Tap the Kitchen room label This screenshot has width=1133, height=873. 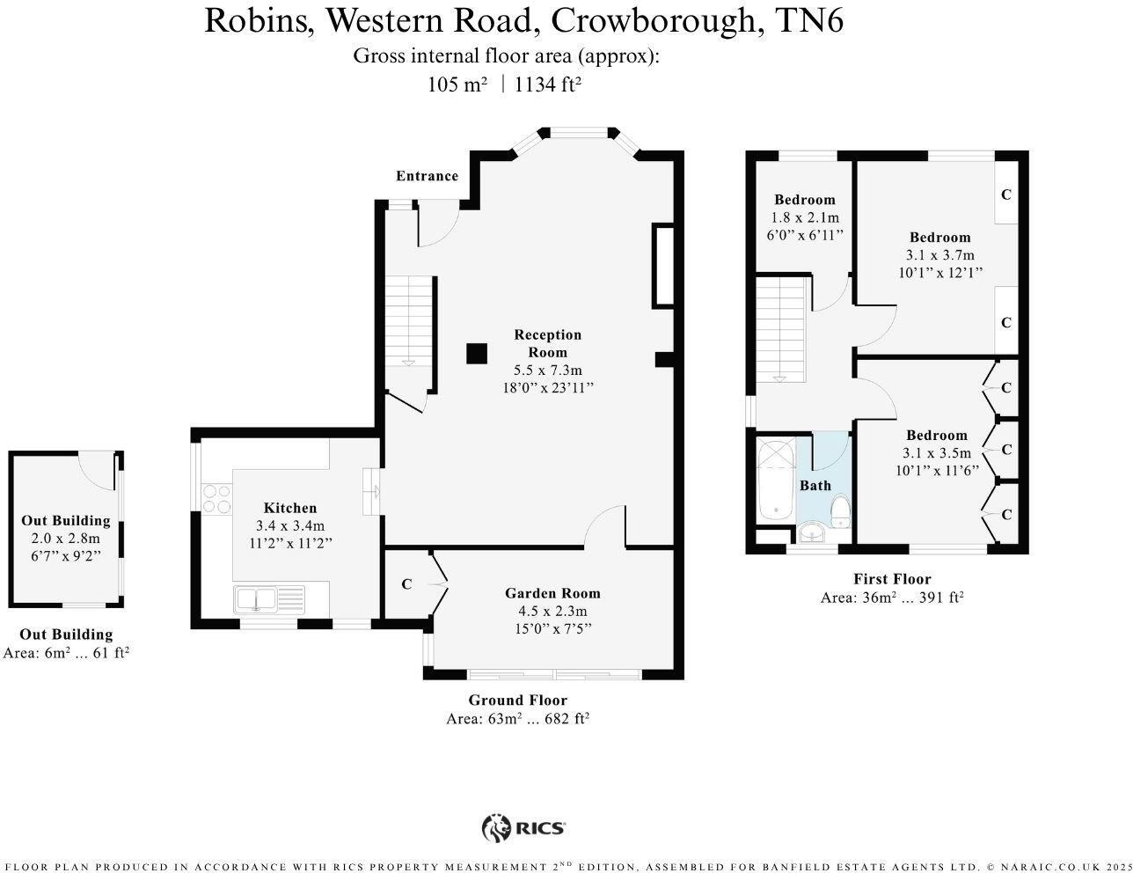tap(290, 508)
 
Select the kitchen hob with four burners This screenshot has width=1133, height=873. tap(217, 498)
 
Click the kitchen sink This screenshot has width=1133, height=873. tap(269, 599)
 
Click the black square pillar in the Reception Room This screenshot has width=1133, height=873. tap(477, 353)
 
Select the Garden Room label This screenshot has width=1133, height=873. tap(552, 593)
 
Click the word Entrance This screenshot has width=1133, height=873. tap(427, 176)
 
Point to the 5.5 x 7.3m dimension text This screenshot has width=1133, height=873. tap(548, 370)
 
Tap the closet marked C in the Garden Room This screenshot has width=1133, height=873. tap(406, 584)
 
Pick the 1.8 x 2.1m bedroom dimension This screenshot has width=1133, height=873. tap(805, 217)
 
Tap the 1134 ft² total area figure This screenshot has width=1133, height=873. tap(547, 84)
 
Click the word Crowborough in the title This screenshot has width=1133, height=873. tap(654, 21)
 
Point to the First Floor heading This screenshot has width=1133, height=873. tap(892, 579)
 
